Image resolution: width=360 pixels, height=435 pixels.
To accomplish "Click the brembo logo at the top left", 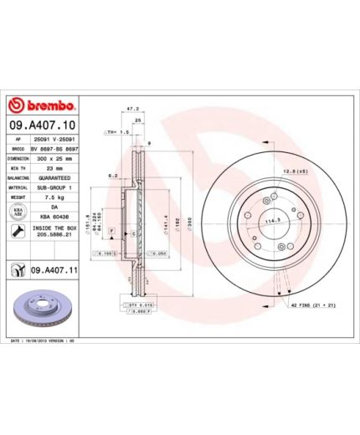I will pos(42,106).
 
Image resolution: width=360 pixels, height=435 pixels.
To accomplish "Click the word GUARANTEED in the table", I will pos(54,178).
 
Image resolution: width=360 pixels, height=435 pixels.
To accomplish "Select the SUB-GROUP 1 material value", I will pos(54,188).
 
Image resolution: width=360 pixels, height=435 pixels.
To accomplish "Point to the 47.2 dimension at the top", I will pos(131,109).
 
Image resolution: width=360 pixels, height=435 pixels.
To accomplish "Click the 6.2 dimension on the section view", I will pos(112,176).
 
